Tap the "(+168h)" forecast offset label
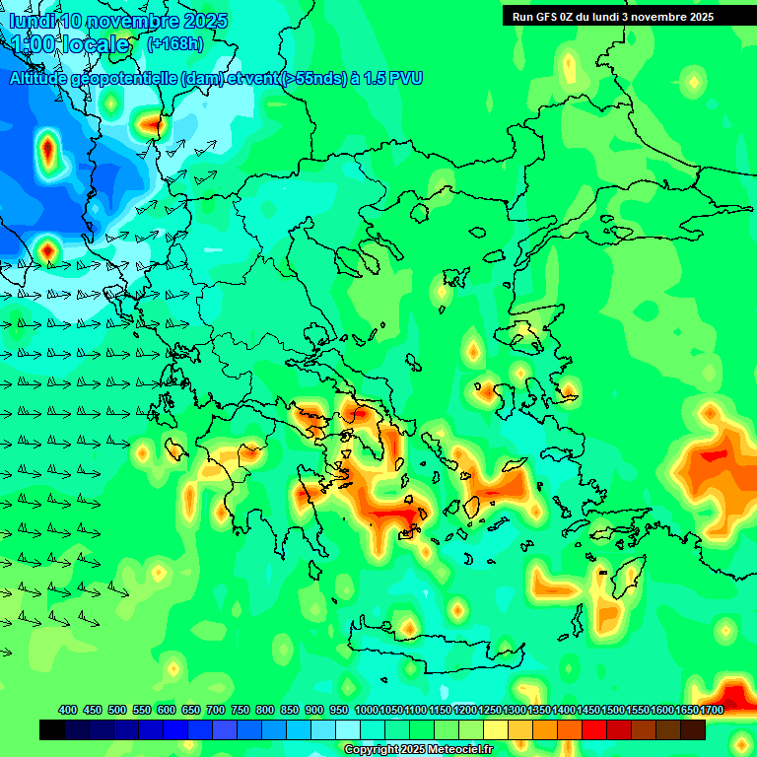(174, 43)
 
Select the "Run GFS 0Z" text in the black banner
(547, 17)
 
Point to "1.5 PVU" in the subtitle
(393, 78)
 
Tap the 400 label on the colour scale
(68, 710)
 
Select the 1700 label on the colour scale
(712, 710)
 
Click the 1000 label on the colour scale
(366, 710)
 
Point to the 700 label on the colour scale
(216, 710)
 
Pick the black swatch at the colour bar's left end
(52, 729)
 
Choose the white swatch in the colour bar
(348, 729)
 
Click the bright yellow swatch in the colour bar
(496, 729)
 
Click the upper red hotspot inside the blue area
(47, 151)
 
